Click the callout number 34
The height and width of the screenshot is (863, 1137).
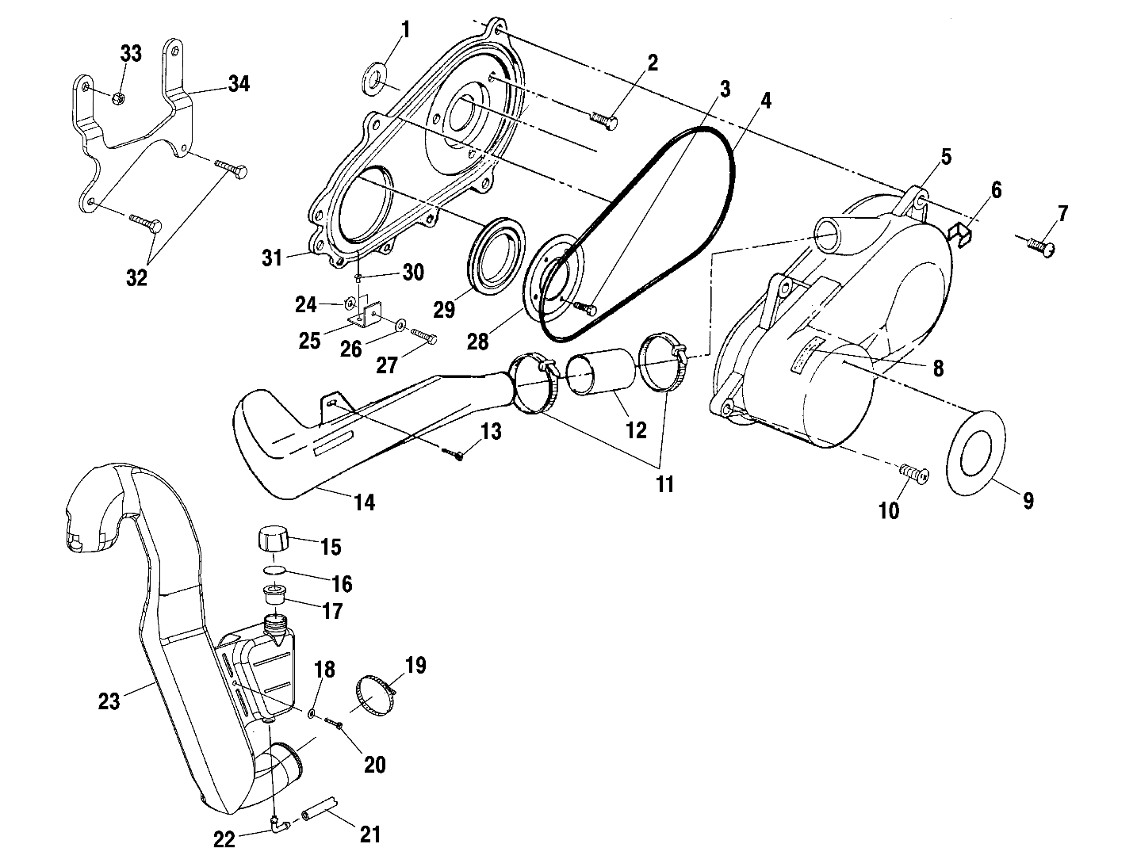pos(239,82)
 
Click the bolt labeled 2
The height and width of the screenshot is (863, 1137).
pos(604,120)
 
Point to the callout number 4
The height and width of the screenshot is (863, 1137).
pos(764,101)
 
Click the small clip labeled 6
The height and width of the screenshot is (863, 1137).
pos(961,234)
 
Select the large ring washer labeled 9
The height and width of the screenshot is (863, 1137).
pos(976,453)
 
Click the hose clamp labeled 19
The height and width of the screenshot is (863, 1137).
pos(375,693)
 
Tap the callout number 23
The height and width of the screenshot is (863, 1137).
pos(109,701)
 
